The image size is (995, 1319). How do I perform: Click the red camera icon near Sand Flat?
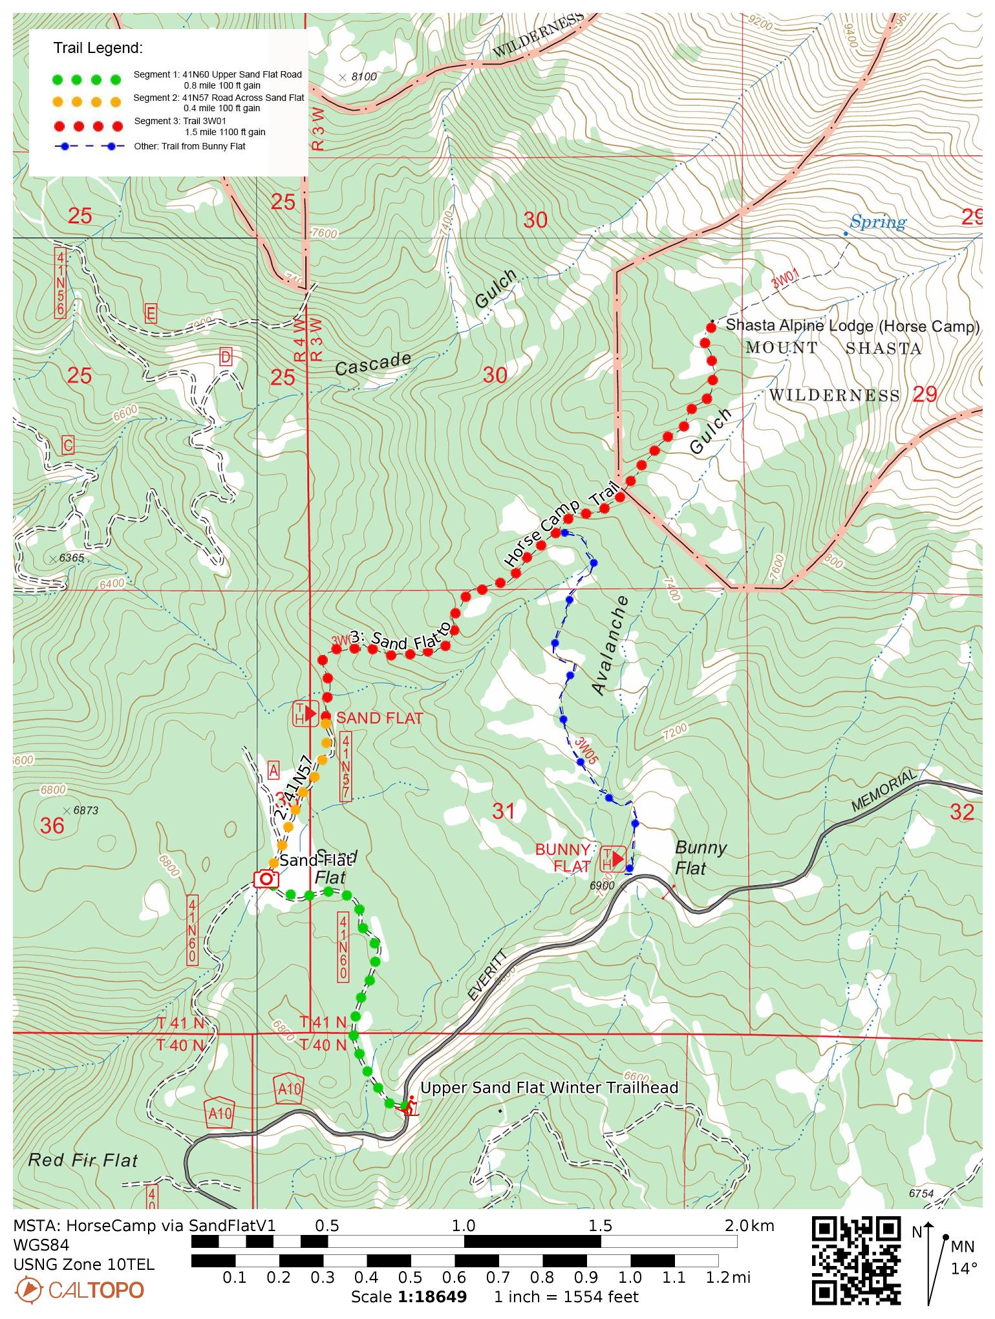(x=266, y=879)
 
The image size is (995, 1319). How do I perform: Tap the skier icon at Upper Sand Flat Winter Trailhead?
(x=410, y=1108)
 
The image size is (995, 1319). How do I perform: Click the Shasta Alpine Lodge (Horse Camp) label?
(x=852, y=326)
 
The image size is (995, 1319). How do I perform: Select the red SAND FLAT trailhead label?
(x=380, y=718)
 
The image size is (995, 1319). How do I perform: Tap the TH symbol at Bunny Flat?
(x=614, y=859)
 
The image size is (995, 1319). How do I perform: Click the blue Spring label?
(x=877, y=222)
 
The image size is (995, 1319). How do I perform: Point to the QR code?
(x=856, y=1260)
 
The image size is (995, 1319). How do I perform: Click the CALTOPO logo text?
(x=96, y=1291)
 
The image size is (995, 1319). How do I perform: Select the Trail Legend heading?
(x=98, y=48)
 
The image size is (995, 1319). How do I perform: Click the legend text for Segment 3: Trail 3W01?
(x=200, y=126)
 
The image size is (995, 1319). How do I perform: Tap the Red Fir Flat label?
(x=83, y=1161)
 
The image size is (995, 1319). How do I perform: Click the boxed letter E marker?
(x=151, y=314)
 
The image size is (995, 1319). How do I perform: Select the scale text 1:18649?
(x=431, y=1297)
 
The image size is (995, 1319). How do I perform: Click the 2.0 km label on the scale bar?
(x=749, y=1225)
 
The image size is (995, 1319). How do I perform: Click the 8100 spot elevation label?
(x=363, y=77)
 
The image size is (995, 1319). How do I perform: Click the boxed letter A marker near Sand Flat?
(x=273, y=770)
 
